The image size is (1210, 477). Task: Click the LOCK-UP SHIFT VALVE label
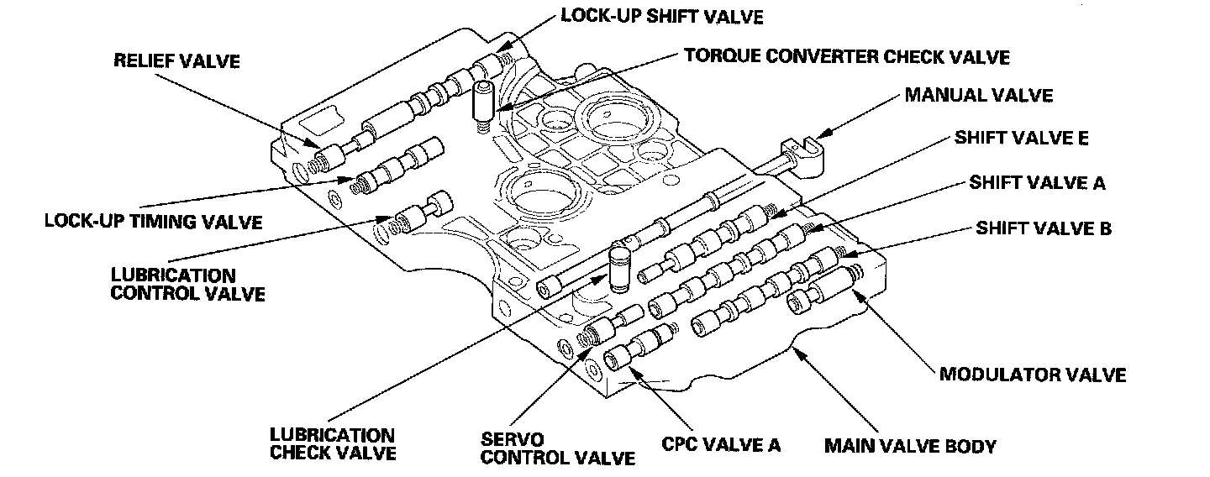click(662, 16)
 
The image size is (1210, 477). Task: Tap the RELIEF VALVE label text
click(176, 61)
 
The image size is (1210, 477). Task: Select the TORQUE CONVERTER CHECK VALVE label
click(847, 56)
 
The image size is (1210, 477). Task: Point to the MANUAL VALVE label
click(979, 96)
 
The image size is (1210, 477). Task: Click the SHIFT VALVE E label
click(1022, 138)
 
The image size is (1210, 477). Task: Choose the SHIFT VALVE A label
click(1037, 183)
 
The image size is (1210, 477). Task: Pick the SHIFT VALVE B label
click(1044, 228)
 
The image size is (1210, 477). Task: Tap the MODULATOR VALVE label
click(1033, 375)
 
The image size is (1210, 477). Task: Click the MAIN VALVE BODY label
click(910, 446)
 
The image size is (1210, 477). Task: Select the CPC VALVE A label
click(721, 444)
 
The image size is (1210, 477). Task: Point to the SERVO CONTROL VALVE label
click(557, 448)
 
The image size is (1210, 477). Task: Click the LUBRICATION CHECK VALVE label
click(333, 444)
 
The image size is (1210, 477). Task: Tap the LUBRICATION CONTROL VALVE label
click(187, 285)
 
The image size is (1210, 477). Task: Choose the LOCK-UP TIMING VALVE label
click(154, 222)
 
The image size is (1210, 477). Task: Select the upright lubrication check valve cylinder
click(619, 268)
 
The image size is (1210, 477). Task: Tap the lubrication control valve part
click(421, 213)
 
